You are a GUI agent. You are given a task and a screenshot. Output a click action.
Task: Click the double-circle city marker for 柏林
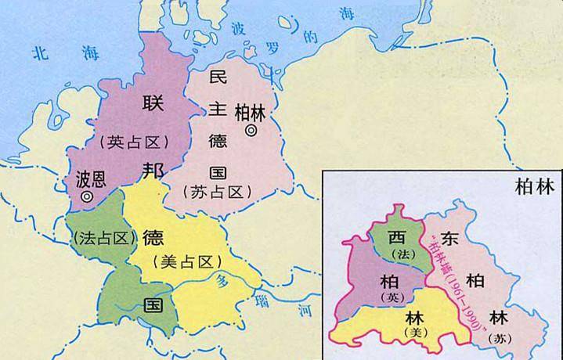tap(251, 131)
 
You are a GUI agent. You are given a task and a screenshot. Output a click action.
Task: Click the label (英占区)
tap(135, 141)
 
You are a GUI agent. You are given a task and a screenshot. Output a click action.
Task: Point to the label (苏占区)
tap(216, 190)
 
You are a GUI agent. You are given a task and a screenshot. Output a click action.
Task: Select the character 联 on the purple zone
tap(151, 103)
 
